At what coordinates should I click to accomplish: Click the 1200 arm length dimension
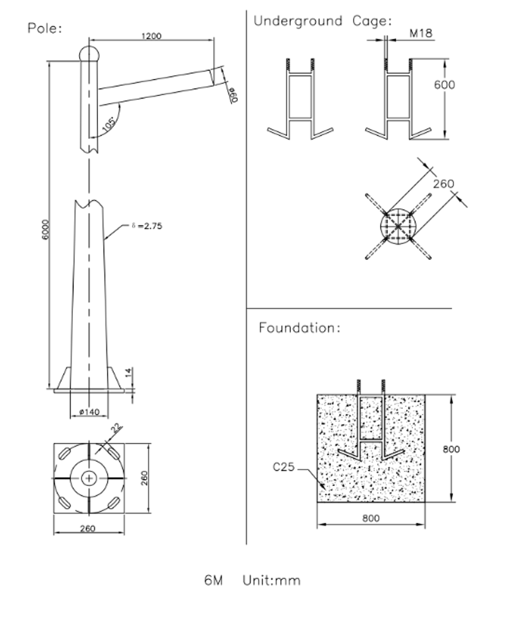pos(152,36)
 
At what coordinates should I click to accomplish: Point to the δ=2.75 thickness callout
pos(147,225)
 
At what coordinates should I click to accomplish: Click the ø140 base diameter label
pos(89,412)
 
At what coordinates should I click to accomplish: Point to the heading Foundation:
pos(299,328)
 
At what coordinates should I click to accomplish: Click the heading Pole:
pos(45,28)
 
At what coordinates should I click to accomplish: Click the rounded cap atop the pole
pos(89,52)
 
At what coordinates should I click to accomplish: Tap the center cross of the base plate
pos(90,479)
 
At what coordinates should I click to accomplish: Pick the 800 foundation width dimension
pos(371,518)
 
